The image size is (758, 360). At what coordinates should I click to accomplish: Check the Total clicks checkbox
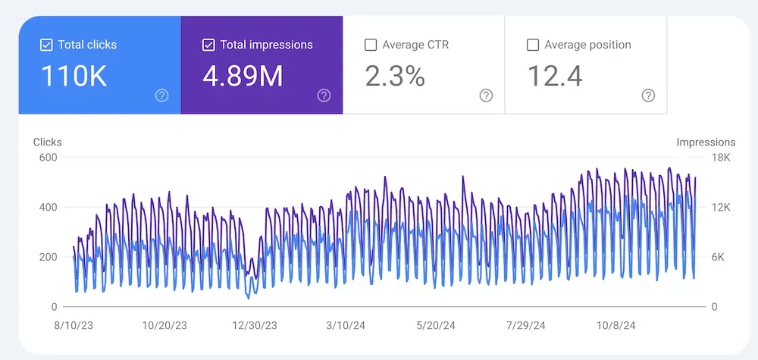46,45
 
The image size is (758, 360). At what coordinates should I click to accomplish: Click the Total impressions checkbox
208,45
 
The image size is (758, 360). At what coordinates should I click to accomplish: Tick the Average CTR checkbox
371,45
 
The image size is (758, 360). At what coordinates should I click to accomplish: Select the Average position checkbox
533,45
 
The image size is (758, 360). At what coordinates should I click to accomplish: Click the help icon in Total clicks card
161,95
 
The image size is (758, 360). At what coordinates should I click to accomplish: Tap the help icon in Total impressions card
324,95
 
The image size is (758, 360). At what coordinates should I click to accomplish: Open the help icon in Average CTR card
486,95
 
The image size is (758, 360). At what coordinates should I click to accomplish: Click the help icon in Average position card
648,95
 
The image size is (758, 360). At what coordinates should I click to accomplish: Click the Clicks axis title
48,142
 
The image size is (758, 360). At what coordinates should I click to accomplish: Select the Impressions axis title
705,142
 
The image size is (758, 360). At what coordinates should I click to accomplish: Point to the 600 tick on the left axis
49,158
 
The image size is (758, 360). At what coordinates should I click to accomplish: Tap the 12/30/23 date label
254,325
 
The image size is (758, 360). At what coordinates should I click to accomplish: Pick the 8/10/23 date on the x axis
74,325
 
